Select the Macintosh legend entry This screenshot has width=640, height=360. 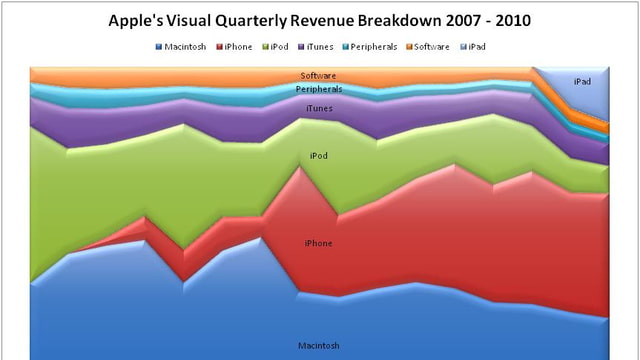pos(186,47)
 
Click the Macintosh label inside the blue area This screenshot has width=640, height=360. pos(319,345)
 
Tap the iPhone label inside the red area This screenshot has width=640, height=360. pos(319,243)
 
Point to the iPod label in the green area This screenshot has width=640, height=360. pos(319,156)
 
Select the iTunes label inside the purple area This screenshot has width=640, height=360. pos(319,108)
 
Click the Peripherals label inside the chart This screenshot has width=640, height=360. pos(319,89)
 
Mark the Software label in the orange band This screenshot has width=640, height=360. pos(319,75)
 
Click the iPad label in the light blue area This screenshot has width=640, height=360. pos(582,82)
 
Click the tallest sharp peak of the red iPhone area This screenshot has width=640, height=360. pos(299,167)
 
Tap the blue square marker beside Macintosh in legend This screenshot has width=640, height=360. pos(159,47)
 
